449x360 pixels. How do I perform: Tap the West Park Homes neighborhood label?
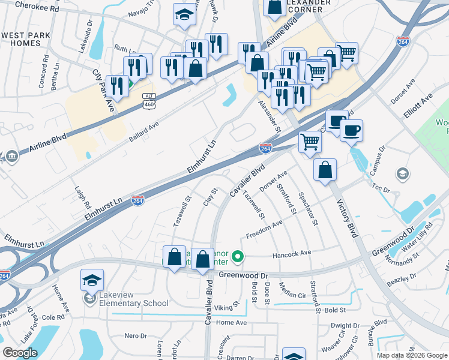pos(25,39)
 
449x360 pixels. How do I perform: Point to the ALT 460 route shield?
pos(149,101)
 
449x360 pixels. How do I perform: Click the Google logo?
pos(20,353)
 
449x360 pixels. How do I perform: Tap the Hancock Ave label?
pos(292,253)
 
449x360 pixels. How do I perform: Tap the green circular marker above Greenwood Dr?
pos(238,257)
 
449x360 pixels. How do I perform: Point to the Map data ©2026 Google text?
pos(412,355)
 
